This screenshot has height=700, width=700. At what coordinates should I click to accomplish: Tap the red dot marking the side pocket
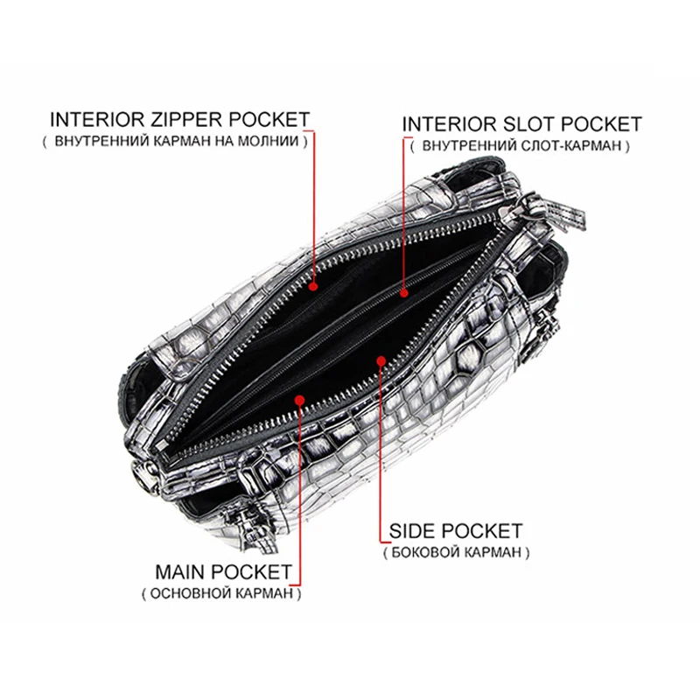[381, 359]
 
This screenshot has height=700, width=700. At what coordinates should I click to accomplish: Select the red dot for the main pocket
[300, 401]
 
